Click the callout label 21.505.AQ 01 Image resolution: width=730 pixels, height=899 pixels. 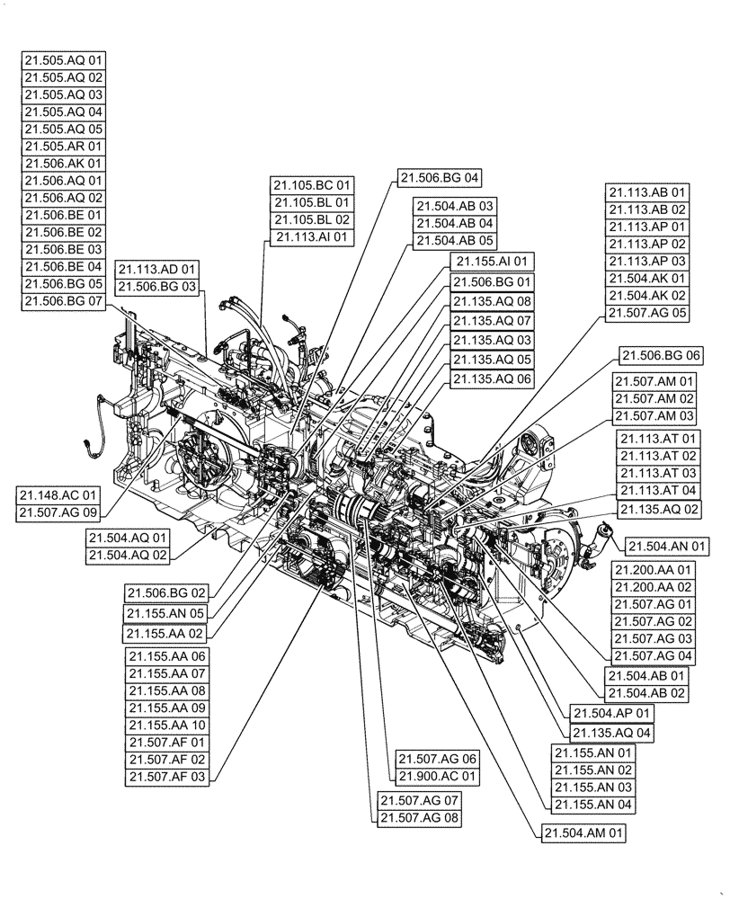click(x=64, y=61)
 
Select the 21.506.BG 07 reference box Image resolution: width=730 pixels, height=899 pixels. click(x=64, y=300)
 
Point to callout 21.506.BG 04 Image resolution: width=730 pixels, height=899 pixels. click(x=441, y=176)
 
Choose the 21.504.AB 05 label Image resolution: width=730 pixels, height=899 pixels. click(x=454, y=240)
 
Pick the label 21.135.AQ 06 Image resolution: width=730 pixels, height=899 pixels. click(x=492, y=380)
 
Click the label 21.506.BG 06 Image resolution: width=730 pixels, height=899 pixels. click(x=661, y=355)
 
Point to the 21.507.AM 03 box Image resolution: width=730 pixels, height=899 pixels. click(x=655, y=415)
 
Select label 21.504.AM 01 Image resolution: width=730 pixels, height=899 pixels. click(x=583, y=833)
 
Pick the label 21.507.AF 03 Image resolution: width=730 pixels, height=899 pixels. click(x=167, y=776)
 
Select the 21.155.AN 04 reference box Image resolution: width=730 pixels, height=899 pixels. click(x=594, y=804)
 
